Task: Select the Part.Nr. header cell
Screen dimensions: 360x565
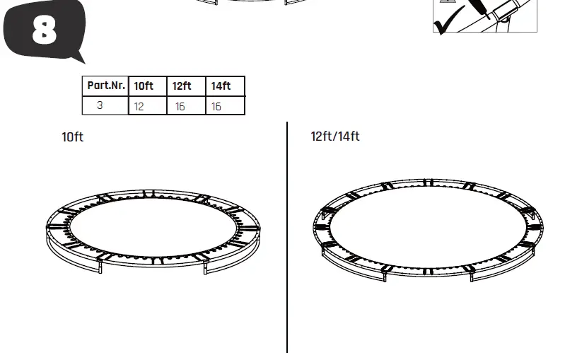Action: point(106,86)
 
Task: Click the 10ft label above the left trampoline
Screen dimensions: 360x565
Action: point(72,137)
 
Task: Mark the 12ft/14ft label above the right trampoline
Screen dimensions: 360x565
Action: point(335,136)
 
